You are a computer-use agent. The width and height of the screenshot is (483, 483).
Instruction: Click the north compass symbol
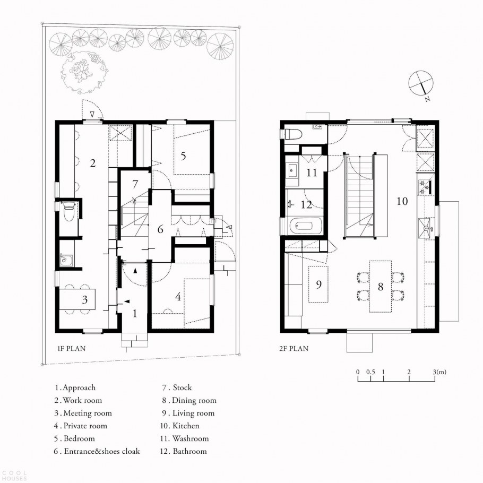[x=421, y=83]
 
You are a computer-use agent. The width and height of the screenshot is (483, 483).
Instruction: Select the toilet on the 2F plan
[x=291, y=134]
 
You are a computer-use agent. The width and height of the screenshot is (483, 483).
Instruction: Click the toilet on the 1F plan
[x=68, y=210]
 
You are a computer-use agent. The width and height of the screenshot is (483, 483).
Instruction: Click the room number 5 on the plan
[x=183, y=156]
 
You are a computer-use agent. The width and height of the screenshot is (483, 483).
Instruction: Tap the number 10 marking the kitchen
[x=402, y=201]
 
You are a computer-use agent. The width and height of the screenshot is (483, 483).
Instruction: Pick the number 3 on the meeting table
[x=85, y=299]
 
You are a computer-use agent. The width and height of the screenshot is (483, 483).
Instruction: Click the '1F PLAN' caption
[x=72, y=348]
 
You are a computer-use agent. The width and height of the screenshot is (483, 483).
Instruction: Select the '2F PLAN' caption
[x=294, y=348]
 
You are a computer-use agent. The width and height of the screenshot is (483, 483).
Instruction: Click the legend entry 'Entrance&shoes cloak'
[x=102, y=451]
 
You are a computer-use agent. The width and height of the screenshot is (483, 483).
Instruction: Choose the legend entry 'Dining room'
[x=194, y=400]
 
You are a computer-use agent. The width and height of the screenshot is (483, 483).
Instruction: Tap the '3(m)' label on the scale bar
[x=439, y=372]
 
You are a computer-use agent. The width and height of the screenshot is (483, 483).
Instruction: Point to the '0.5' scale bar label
[x=370, y=372]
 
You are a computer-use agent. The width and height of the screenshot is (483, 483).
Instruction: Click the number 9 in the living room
[x=319, y=284]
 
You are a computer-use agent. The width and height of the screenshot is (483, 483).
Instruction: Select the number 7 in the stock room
[x=135, y=184]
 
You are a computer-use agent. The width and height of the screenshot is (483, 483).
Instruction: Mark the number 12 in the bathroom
[x=306, y=204]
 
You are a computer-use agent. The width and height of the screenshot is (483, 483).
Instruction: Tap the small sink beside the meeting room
[x=66, y=260]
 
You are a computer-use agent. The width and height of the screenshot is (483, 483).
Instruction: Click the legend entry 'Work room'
[x=82, y=400]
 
